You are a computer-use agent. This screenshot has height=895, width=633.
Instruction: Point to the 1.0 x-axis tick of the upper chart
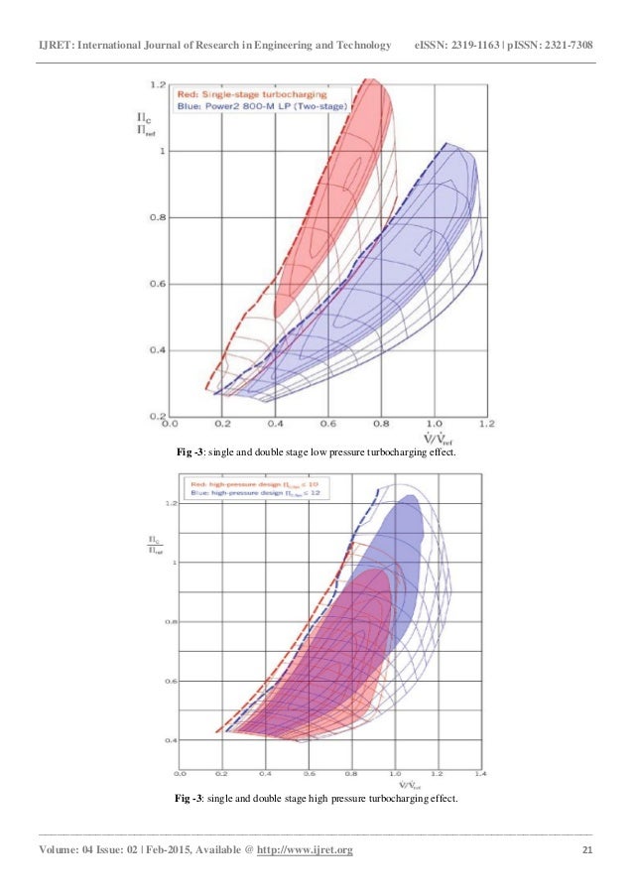435,424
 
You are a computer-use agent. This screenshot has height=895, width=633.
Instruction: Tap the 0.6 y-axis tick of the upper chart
154,285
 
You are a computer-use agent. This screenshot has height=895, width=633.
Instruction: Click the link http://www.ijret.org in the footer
305,851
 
